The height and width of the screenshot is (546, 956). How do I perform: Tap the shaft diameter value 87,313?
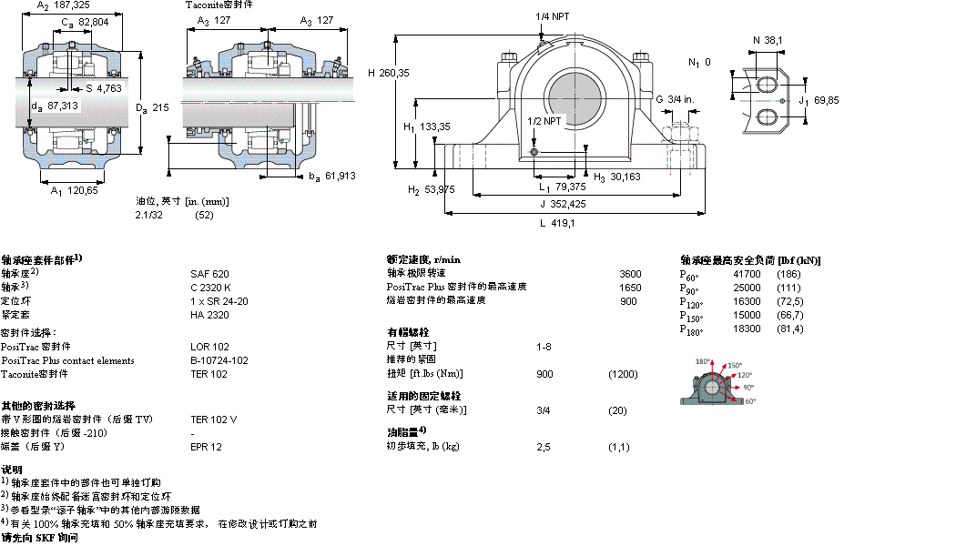pyautogui.click(x=62, y=106)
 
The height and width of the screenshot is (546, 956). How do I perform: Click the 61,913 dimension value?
pyautogui.click(x=340, y=176)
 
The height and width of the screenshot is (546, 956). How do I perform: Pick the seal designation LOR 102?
pyautogui.click(x=208, y=347)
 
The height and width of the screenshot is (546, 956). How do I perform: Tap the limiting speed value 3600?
pyautogui.click(x=630, y=273)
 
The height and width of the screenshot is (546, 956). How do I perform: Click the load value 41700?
pyautogui.click(x=747, y=274)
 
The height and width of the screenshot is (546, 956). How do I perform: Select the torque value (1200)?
pyautogui.click(x=623, y=374)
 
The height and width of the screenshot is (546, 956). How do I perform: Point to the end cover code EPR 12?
pyautogui.click(x=206, y=447)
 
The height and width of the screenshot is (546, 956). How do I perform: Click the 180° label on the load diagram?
pyautogui.click(x=703, y=362)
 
